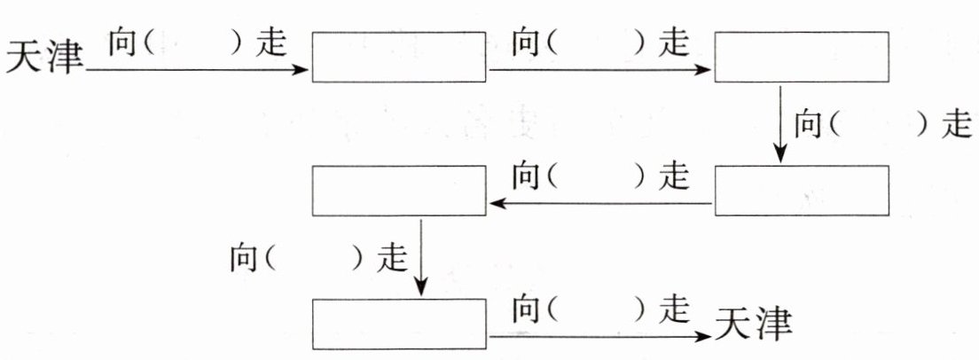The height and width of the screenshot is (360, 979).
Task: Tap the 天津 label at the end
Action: [x=753, y=325]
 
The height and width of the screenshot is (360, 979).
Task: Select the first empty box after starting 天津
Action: [x=400, y=57]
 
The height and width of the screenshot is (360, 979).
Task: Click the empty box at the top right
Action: [x=801, y=57]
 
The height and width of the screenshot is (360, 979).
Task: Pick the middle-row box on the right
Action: [x=801, y=192]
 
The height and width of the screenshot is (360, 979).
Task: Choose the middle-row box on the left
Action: [x=400, y=192]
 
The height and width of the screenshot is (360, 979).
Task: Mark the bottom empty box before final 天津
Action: [x=400, y=325]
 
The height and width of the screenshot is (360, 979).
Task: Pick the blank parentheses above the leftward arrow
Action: [x=596, y=176]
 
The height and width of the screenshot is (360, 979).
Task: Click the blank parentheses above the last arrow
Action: [x=596, y=309]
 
